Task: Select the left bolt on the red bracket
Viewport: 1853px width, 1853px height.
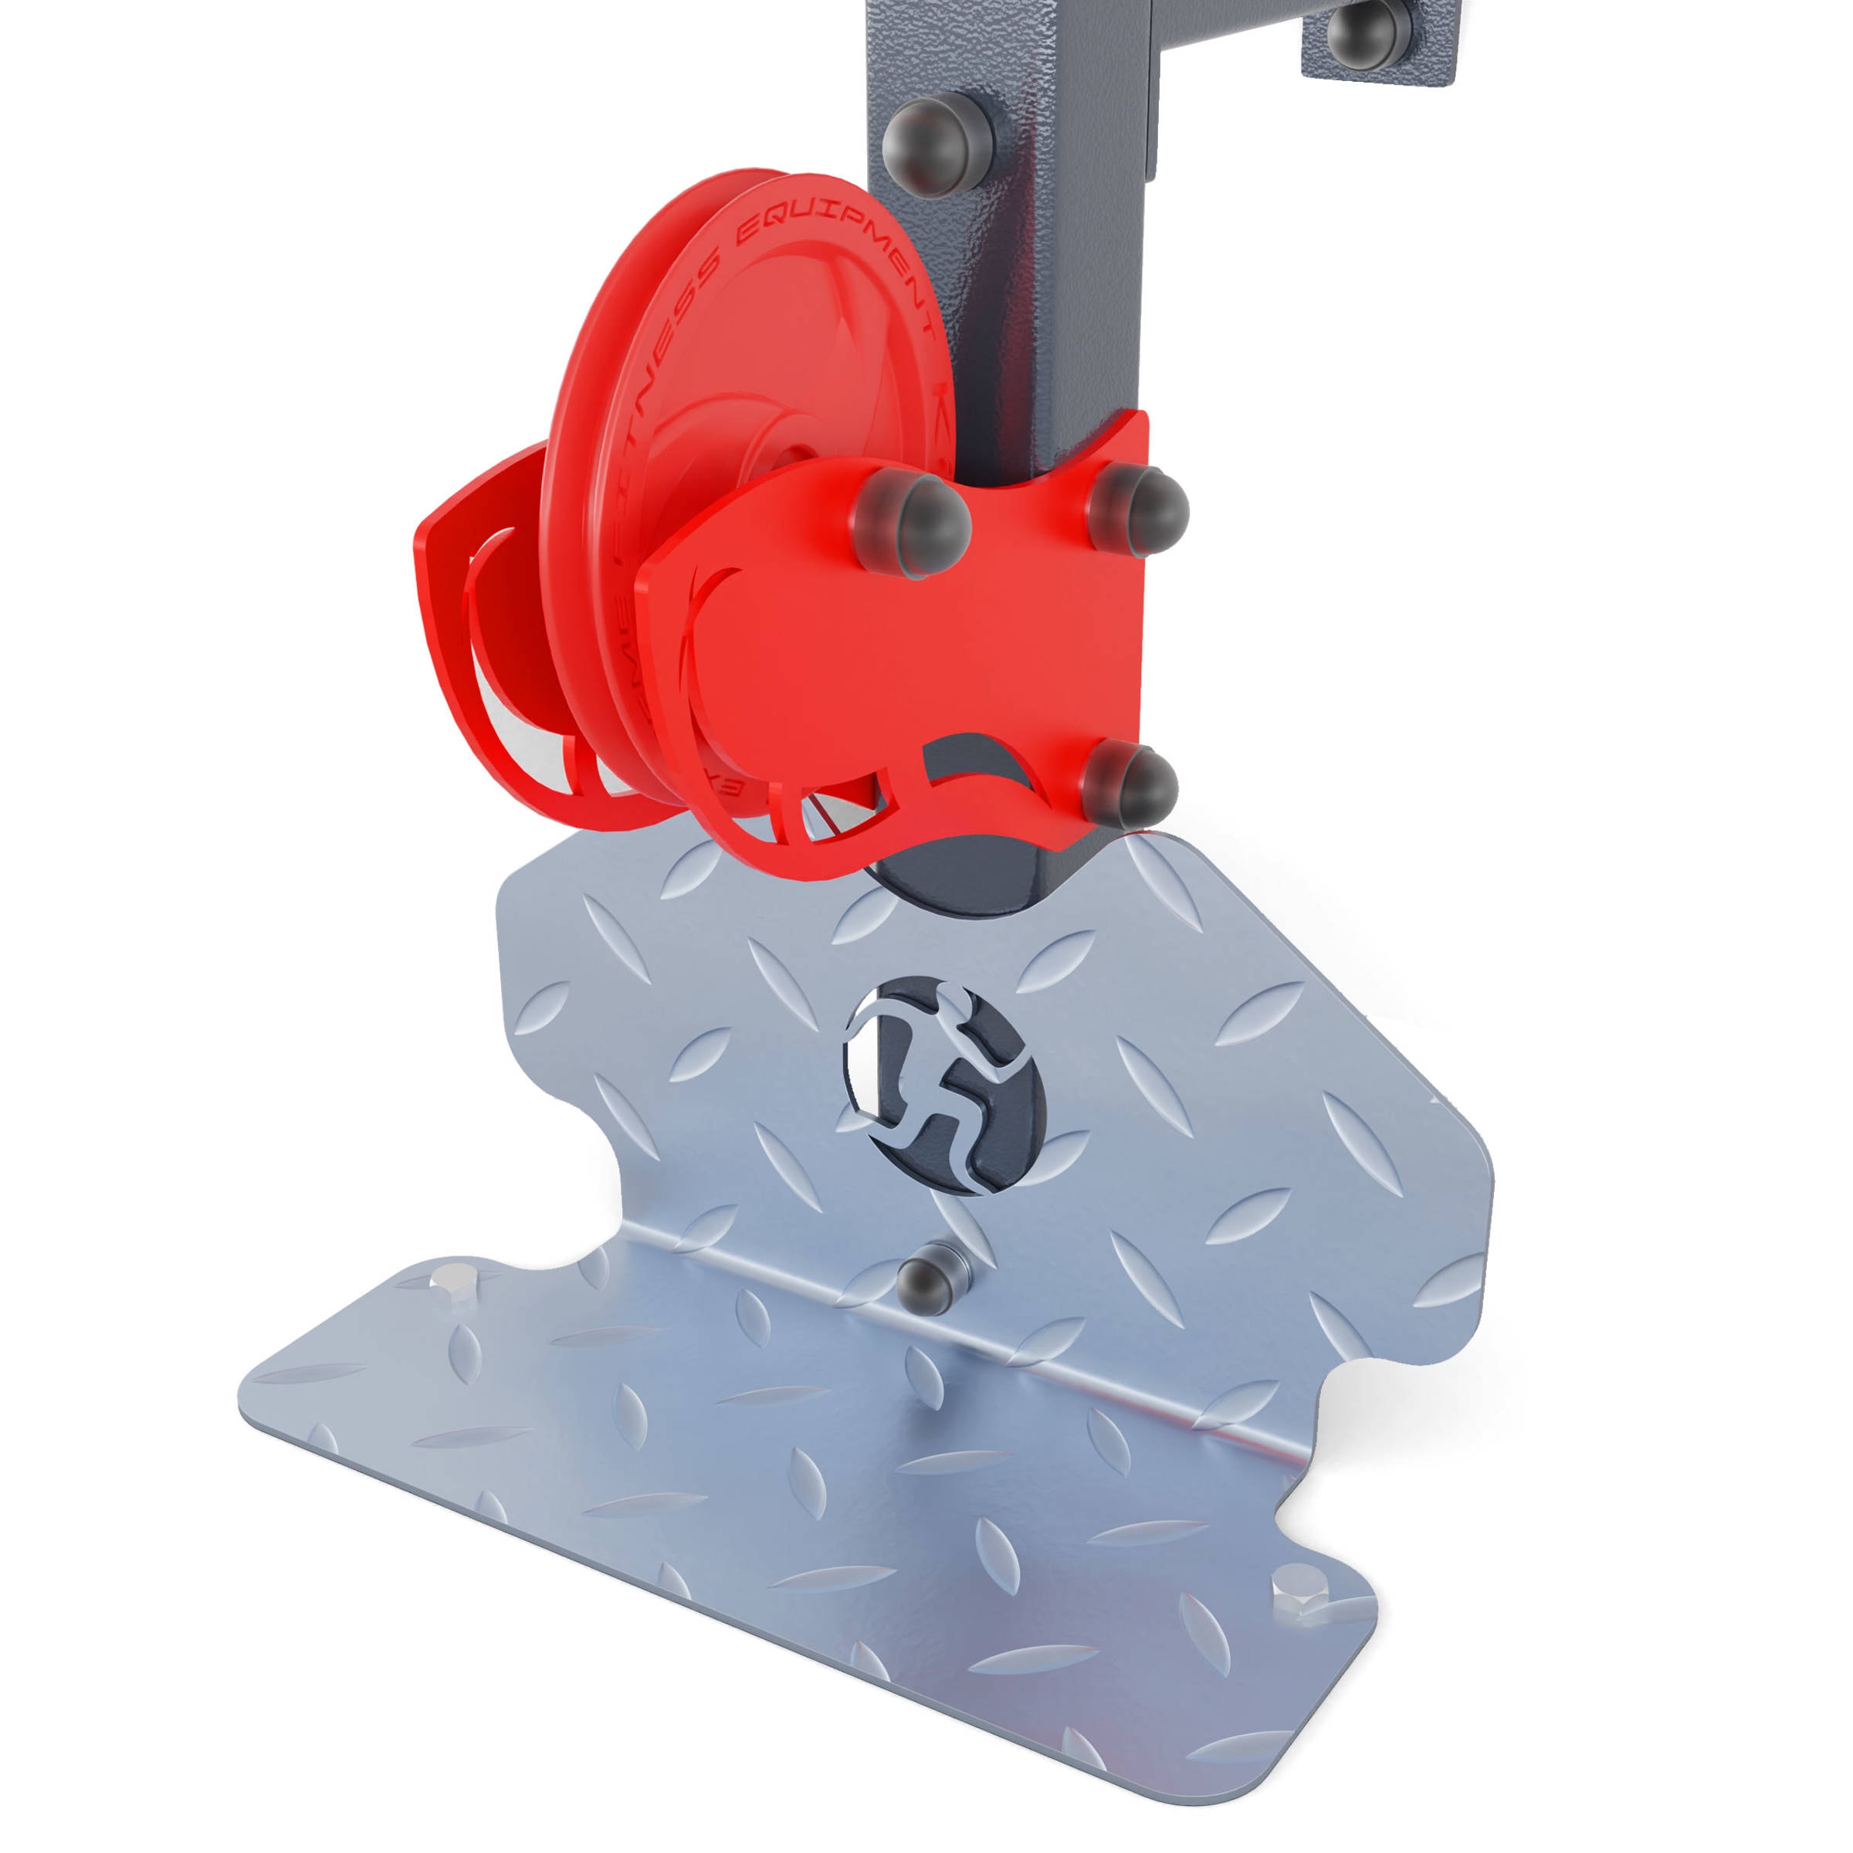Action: click(912, 523)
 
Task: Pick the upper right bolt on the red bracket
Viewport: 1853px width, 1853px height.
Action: click(1139, 507)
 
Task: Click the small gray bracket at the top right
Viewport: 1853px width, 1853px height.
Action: click(1381, 39)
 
